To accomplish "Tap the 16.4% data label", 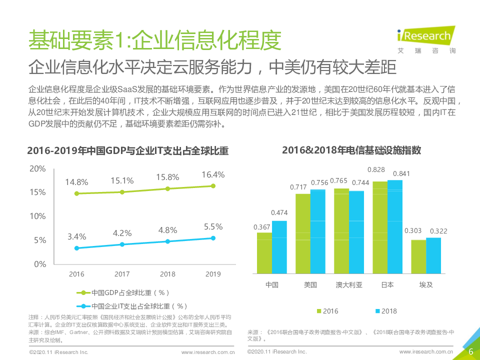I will click(x=213, y=174).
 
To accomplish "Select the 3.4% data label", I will click(x=76, y=236).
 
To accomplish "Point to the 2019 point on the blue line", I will click(x=213, y=238).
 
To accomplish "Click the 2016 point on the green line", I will click(x=76, y=193).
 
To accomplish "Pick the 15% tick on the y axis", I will click(x=37, y=192).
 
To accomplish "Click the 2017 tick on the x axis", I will click(x=122, y=274).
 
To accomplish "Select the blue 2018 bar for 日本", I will click(x=395, y=226).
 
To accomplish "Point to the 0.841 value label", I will click(x=401, y=174).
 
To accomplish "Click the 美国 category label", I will click(x=310, y=285).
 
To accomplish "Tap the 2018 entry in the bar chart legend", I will click(x=385, y=311).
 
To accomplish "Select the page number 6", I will click(x=470, y=351).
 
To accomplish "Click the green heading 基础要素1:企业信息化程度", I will click(x=154, y=39).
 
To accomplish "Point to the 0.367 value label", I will click(x=262, y=227).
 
